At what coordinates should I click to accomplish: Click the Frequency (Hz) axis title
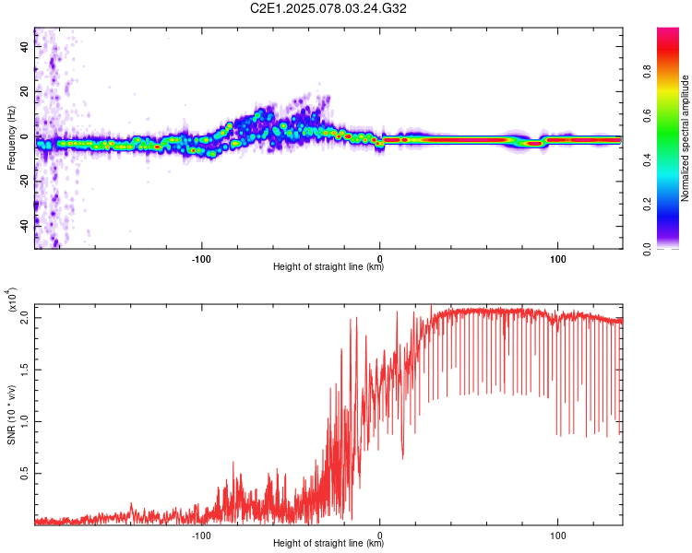[x=11, y=137]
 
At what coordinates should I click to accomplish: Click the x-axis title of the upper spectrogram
[x=328, y=267]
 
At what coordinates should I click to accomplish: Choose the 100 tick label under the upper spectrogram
[x=558, y=257]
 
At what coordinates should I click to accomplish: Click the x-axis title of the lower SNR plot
[x=328, y=544]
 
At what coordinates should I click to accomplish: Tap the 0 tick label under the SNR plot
[x=380, y=534]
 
